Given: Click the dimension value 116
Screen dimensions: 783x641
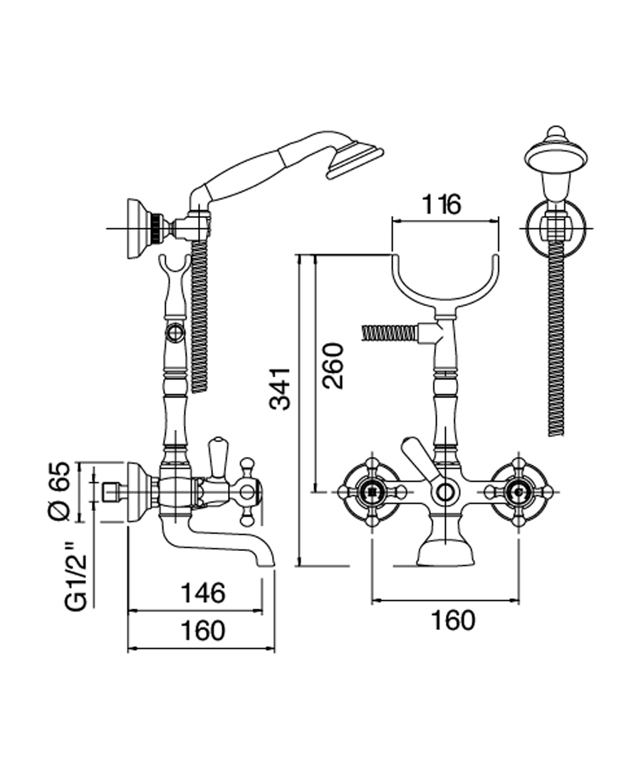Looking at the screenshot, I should [x=442, y=205].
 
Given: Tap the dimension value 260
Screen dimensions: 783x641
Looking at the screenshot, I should [x=333, y=365].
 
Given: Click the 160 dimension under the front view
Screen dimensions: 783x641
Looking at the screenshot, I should [x=452, y=620].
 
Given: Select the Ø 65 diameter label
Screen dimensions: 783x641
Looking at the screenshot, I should [x=61, y=491].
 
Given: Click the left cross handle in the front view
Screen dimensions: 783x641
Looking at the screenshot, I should [x=371, y=492].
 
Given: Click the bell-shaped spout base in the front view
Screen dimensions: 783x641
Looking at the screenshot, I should [x=445, y=551].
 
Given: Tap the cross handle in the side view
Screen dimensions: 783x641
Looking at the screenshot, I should [x=248, y=490].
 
